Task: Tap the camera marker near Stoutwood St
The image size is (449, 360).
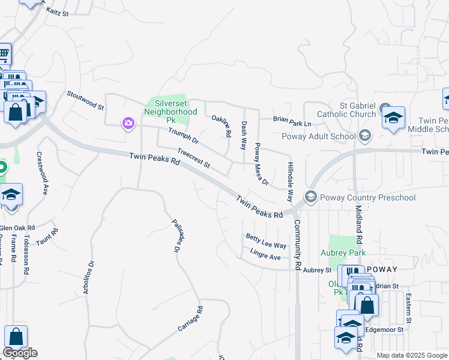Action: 128,124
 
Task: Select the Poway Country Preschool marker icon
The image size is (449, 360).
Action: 310,197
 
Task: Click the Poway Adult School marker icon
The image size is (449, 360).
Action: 364,136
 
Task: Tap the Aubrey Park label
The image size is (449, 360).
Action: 343,253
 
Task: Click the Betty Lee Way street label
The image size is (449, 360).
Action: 266,241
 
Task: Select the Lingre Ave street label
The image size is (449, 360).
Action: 265,254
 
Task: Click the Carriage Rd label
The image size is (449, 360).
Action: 191,319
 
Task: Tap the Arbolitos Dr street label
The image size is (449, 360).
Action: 89,277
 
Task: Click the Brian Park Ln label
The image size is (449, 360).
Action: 292,121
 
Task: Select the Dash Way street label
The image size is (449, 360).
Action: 244,136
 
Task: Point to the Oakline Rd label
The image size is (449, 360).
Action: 221,127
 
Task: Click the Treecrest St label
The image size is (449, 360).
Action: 194,158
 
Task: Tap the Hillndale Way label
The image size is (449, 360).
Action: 291,177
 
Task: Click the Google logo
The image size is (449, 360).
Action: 20,353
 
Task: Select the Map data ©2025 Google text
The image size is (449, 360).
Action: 411,355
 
